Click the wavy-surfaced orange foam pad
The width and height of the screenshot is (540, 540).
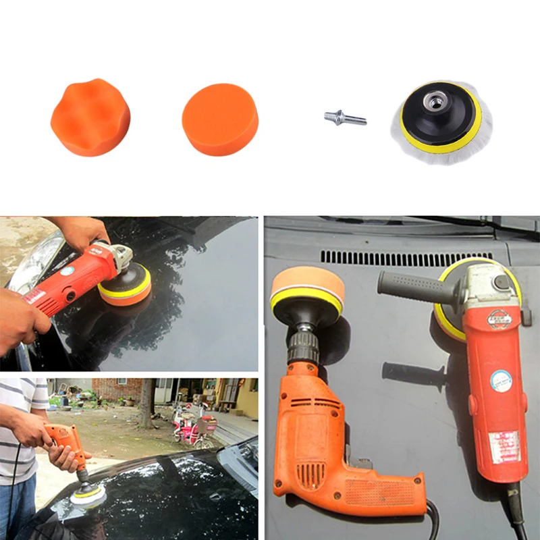coord(90,117)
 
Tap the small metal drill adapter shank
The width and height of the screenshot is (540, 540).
coord(345,119)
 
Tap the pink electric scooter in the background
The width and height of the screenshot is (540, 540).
coord(192,421)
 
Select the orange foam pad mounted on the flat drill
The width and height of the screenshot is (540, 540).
coord(307,290)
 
